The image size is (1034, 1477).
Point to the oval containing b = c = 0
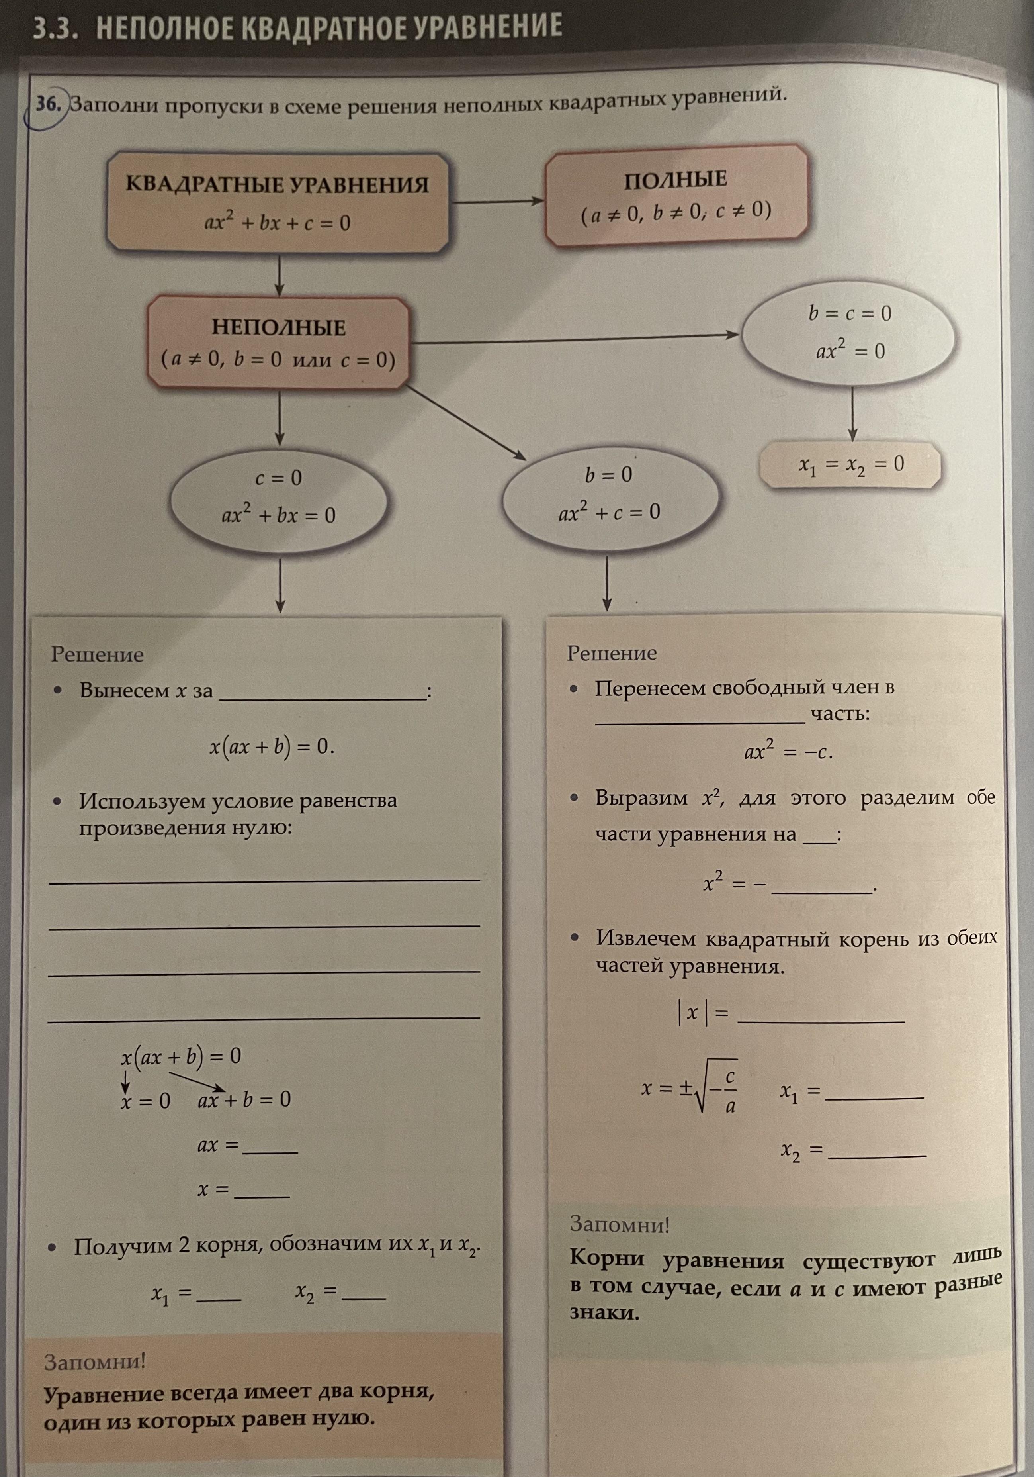(x=849, y=333)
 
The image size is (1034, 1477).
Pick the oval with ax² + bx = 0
(x=278, y=497)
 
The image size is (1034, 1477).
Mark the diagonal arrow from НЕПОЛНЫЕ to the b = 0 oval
(x=466, y=423)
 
